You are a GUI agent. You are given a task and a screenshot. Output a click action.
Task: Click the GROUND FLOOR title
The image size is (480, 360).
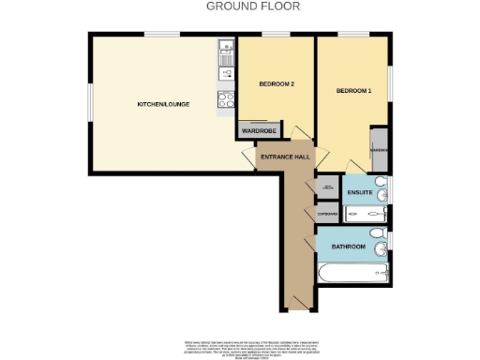pos(239,6)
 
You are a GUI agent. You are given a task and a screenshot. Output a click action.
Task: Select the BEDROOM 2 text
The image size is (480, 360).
pos(277,84)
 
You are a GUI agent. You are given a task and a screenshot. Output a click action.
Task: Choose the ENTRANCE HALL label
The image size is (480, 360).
pos(285,156)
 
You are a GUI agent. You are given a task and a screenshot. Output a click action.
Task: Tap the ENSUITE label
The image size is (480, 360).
pos(359,194)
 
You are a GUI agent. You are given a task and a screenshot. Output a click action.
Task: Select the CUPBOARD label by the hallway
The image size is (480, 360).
pos(327,215)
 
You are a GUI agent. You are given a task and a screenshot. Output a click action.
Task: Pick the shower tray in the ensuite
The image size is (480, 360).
pos(361,214)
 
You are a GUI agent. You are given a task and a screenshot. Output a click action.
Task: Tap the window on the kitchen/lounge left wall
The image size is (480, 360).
pos(89,103)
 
